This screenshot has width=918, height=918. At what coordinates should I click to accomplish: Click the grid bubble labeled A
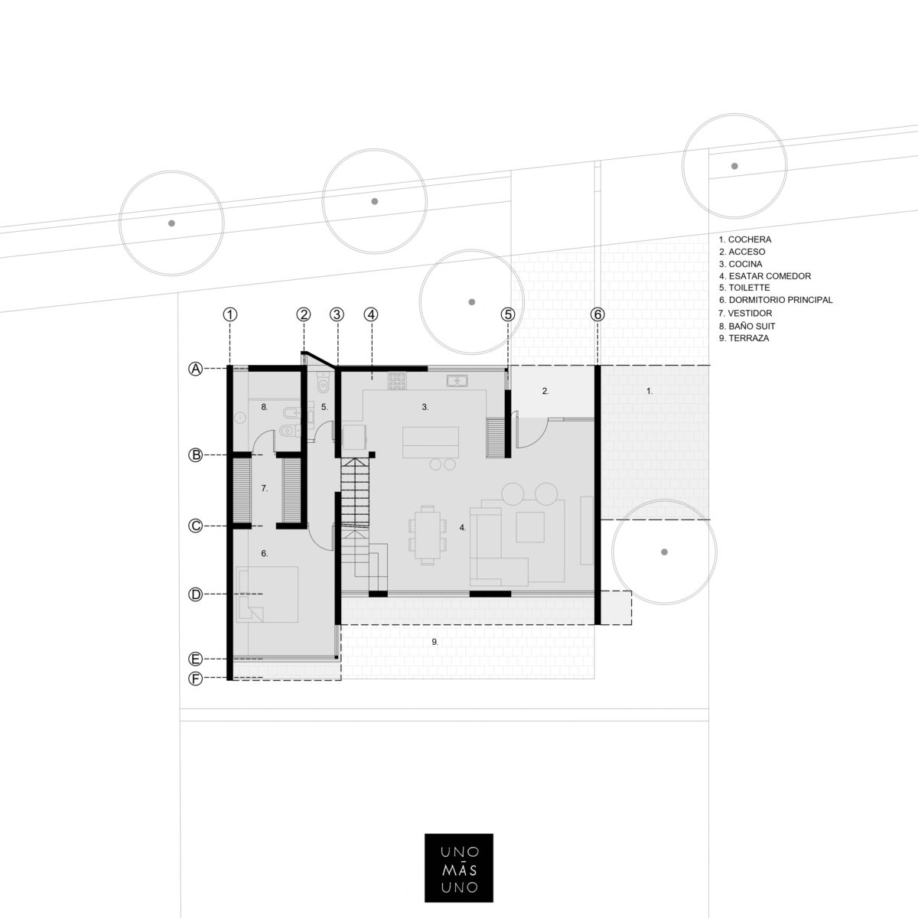195,369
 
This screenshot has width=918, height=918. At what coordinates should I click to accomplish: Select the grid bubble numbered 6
597,314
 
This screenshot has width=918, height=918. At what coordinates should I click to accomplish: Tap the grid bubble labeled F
195,679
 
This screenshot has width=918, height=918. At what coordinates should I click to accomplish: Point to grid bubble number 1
230,314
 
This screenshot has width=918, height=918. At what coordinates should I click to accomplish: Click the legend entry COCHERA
745,239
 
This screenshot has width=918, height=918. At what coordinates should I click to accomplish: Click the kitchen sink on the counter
457,381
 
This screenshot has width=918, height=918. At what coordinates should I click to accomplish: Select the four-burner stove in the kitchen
397,381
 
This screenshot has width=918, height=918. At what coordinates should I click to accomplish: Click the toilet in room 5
323,384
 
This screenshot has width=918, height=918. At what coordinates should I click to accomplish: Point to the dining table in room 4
428,535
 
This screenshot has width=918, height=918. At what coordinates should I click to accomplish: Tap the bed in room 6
267,594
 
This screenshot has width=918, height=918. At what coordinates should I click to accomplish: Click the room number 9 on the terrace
435,642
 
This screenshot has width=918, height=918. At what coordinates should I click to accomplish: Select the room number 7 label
265,488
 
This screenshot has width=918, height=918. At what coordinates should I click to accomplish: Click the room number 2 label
545,391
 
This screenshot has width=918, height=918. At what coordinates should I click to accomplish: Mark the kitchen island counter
431,442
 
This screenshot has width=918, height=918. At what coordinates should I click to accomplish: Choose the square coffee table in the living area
530,527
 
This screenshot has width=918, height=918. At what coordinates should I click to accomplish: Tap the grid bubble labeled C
195,526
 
